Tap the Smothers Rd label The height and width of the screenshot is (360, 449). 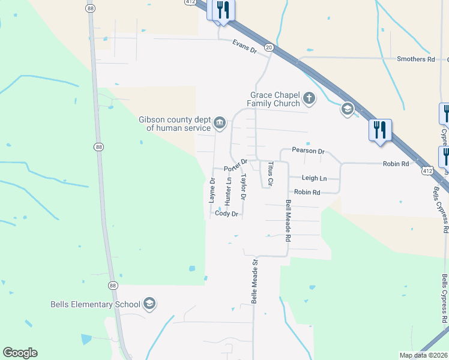[x=415, y=59]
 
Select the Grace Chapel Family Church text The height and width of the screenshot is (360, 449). [x=275, y=99]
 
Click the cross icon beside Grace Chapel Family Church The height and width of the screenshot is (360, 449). [x=309, y=98]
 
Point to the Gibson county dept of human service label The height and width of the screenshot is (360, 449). [x=175, y=123]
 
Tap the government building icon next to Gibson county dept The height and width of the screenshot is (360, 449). [x=220, y=124]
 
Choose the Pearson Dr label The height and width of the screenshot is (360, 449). [x=308, y=151]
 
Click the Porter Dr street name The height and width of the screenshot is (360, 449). [x=236, y=164]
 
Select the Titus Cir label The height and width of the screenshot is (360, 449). [x=271, y=172]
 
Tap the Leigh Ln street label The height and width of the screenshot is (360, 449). [x=314, y=178]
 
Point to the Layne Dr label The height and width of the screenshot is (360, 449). [x=212, y=190]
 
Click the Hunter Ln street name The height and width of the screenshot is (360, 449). [x=228, y=188]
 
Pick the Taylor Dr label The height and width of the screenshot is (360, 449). [x=243, y=187]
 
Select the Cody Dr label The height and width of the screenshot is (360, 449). [x=227, y=214]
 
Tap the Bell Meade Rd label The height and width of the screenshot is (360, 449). [x=288, y=220]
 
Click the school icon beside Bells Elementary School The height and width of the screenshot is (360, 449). [x=149, y=304]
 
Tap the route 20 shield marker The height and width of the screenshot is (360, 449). [x=268, y=47]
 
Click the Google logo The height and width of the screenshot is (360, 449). [x=20, y=353]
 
